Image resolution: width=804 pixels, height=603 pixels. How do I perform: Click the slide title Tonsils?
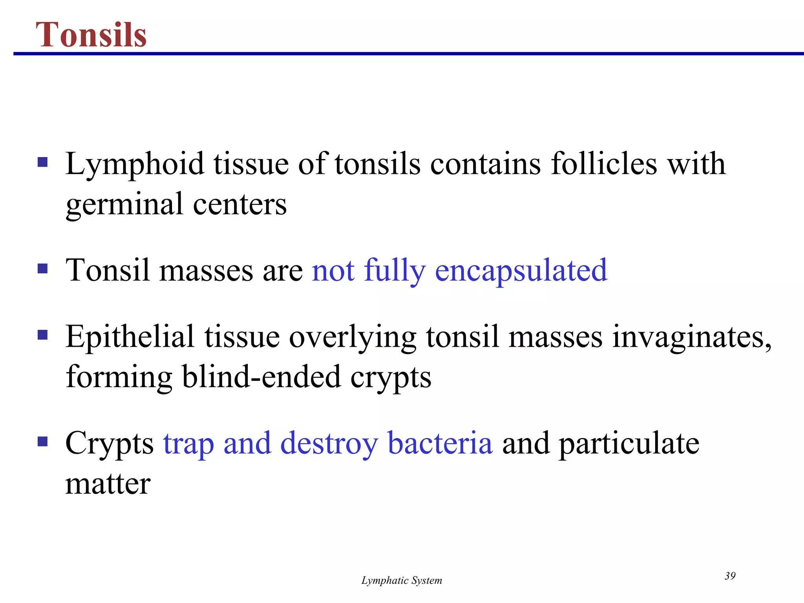tap(91, 35)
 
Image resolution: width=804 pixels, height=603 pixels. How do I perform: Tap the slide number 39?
tap(730, 576)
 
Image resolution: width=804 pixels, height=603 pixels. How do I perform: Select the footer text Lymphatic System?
tap(402, 580)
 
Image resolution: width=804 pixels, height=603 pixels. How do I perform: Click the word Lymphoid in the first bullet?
tap(135, 164)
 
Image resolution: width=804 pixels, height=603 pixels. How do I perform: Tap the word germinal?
tap(124, 205)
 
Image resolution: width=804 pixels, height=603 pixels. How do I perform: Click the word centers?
tap(240, 204)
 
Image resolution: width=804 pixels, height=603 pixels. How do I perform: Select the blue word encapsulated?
tap(521, 270)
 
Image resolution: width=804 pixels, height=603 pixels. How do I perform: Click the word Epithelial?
tap(130, 337)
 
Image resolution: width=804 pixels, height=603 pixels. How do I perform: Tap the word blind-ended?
tap(261, 377)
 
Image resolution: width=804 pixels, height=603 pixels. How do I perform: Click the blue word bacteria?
tap(440, 443)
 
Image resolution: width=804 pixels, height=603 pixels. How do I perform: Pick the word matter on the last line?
tap(108, 484)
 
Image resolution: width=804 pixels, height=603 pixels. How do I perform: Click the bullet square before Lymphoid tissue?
tap(42, 162)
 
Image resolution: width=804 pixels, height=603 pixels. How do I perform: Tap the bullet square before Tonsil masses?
tap(42, 269)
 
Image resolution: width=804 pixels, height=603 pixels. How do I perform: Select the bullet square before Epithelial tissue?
tap(42, 335)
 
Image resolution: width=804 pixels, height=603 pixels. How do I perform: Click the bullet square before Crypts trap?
tap(42, 442)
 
